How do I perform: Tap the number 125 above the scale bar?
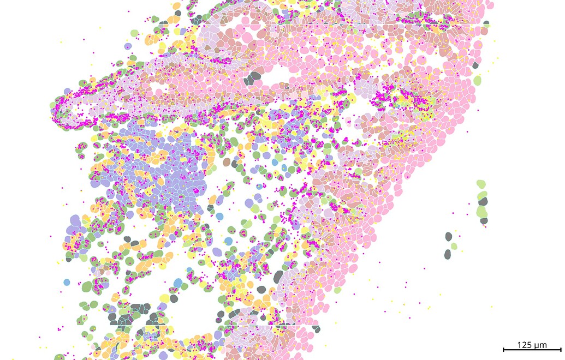525,344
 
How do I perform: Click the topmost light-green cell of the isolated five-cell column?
481,184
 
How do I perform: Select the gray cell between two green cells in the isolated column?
483,201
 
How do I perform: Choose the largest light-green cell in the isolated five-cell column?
482,211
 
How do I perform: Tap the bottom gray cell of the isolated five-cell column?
484,221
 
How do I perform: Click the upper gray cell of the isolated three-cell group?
449,236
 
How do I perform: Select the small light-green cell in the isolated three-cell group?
454,246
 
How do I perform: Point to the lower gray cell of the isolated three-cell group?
448,254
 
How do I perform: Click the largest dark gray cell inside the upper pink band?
253,79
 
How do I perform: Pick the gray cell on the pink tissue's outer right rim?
475,65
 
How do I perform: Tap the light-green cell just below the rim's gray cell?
478,80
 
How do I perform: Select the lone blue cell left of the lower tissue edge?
67,282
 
